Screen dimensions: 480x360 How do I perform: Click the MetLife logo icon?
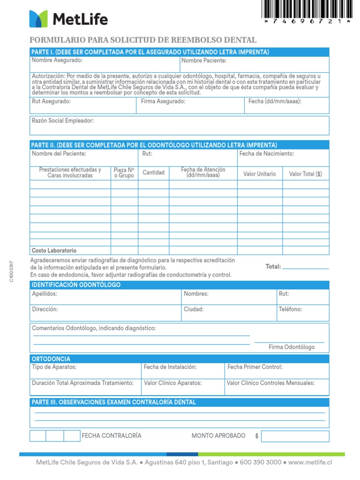pyautogui.click(x=38, y=19)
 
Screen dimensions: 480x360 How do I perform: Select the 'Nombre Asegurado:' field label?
pyautogui.click(x=57, y=60)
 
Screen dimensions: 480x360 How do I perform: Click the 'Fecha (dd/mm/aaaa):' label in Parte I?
pyautogui.click(x=275, y=101)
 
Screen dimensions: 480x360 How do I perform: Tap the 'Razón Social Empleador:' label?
pyautogui.click(x=63, y=120)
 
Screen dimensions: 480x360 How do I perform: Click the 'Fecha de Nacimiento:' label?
pyautogui.click(x=267, y=154)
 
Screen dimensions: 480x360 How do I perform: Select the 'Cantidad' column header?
pyautogui.click(x=154, y=172)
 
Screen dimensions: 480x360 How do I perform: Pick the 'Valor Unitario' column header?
pyautogui.click(x=260, y=174)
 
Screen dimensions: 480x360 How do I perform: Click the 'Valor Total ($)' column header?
pyautogui.click(x=306, y=174)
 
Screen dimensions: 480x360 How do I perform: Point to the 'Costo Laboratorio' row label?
pyautogui.click(x=54, y=251)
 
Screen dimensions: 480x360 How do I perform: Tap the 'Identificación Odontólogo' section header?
pyautogui.click(x=76, y=285)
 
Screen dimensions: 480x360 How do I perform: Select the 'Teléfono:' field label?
pyautogui.click(x=291, y=309)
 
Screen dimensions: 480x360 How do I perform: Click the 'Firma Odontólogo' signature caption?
pyautogui.click(x=292, y=347)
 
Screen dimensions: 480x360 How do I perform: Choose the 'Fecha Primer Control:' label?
pyautogui.click(x=255, y=367)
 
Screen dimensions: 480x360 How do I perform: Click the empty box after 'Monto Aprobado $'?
pyautogui.click(x=295, y=436)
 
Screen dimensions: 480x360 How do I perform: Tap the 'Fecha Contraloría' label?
pyautogui.click(x=112, y=436)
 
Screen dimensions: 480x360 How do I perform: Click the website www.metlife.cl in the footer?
pyautogui.click(x=311, y=462)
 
